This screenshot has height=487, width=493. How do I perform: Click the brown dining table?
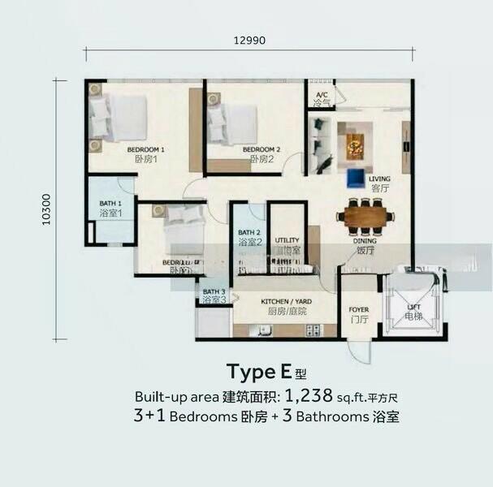point(365,216)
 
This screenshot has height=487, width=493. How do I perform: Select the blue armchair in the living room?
point(356,176)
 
